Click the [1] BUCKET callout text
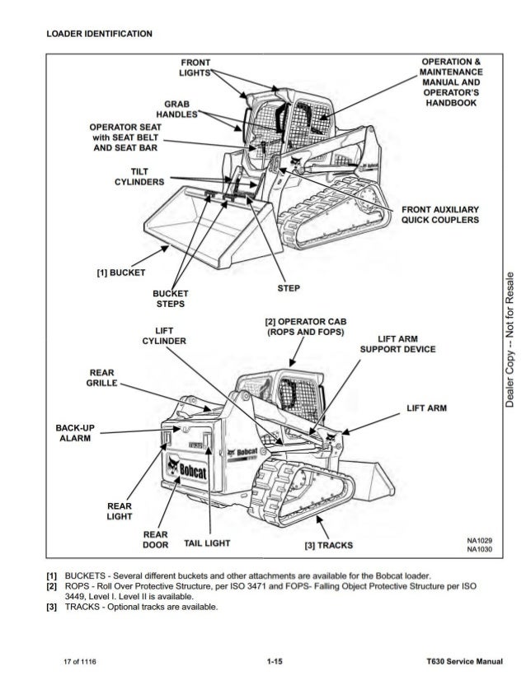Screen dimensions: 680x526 point(119,272)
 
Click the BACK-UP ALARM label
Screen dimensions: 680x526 point(74,433)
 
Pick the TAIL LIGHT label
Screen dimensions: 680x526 point(207,544)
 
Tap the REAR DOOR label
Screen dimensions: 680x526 point(155,539)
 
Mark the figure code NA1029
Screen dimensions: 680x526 point(479,541)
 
